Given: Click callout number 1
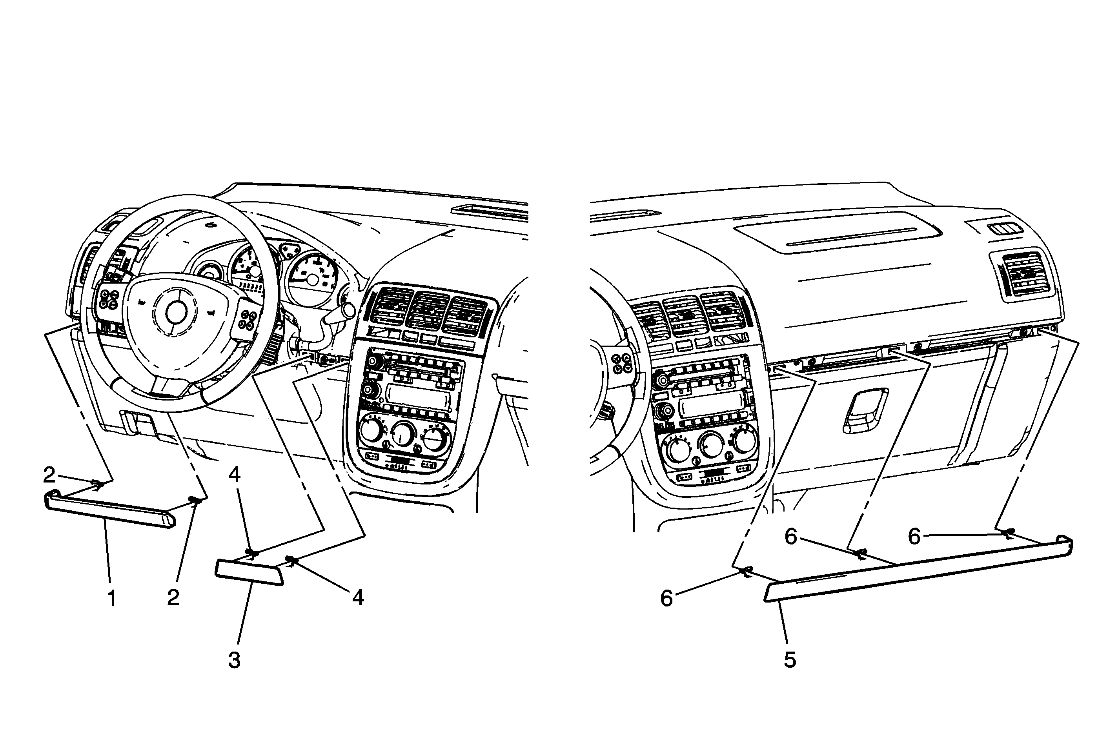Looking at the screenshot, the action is [112, 599].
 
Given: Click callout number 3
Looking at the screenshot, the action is [235, 660].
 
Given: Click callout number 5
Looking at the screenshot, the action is [790, 660].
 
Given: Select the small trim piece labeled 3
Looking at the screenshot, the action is [249, 572].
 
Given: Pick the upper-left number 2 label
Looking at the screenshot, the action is [49, 475].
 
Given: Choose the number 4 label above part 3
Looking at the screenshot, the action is [235, 475].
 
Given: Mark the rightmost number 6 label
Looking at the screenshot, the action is [914, 537].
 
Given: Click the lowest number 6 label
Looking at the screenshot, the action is [666, 598].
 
